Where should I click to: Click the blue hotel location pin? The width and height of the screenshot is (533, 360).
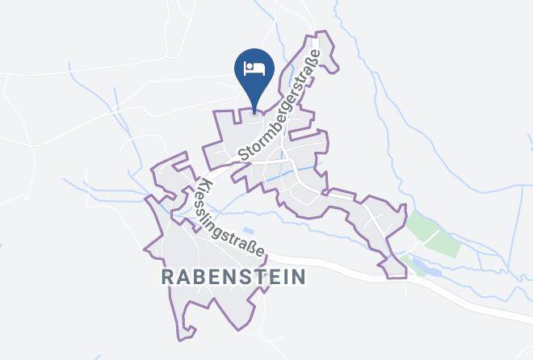point(254,71)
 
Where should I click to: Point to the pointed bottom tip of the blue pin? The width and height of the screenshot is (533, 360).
point(254,111)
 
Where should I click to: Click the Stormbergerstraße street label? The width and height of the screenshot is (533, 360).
point(279,104)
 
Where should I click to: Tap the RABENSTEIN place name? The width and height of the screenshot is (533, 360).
point(234,277)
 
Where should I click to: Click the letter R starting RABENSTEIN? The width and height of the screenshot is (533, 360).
point(168,277)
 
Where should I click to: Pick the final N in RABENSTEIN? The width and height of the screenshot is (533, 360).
point(299,277)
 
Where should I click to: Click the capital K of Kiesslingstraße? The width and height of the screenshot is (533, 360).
point(199,183)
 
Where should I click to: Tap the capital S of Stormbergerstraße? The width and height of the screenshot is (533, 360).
point(244,153)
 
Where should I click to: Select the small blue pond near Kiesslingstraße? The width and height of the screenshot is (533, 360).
point(247,232)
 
